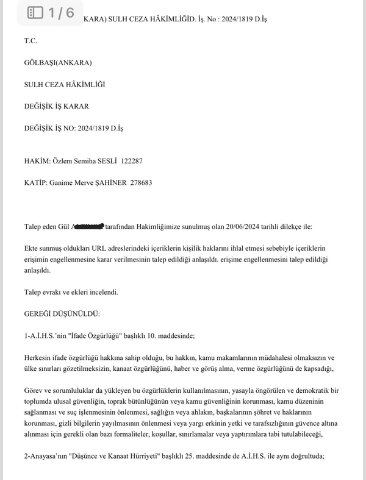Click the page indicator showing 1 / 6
62,12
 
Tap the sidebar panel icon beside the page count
35,12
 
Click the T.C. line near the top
30,41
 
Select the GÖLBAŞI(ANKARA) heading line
58,63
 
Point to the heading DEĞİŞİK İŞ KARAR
57,106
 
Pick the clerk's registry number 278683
150,182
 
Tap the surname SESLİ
107,161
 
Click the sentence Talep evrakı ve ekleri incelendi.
71,292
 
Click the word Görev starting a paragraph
35,390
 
